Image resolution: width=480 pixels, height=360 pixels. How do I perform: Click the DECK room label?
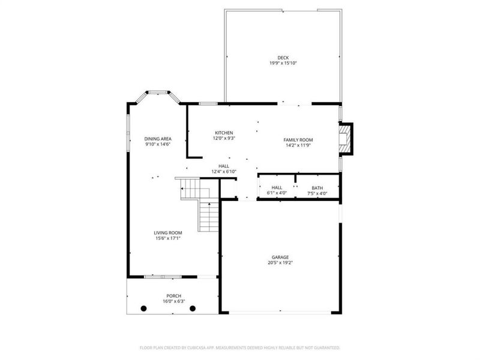coord(283,58)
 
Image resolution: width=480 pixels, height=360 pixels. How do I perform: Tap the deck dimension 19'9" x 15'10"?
coord(283,63)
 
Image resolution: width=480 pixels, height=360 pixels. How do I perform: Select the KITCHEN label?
coord(224,133)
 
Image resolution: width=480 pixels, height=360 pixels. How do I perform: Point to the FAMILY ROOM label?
coord(298,140)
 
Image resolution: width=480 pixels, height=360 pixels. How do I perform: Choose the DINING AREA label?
coord(158,139)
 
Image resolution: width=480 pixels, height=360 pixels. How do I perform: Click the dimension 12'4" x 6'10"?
coord(224,172)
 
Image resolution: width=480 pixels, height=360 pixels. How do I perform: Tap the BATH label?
coord(317,188)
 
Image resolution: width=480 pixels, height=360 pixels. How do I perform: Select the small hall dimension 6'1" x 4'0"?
coord(277,193)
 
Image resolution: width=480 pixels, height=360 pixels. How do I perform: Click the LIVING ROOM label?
coord(167,233)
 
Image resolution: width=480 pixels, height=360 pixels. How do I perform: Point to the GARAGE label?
coord(280,257)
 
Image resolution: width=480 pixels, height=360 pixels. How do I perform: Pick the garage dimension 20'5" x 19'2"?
coord(280,262)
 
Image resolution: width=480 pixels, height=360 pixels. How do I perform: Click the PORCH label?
coord(173,296)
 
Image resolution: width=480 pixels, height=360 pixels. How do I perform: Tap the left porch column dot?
coord(143,308)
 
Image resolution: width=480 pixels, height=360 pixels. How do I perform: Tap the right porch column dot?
coord(193,308)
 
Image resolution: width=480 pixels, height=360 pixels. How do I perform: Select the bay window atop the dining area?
coord(159,92)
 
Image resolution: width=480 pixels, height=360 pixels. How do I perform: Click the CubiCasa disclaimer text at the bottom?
coord(240,347)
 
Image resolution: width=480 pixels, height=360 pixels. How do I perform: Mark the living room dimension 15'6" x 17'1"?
coord(167,238)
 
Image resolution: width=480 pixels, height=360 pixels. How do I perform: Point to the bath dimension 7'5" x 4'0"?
coord(317,193)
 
